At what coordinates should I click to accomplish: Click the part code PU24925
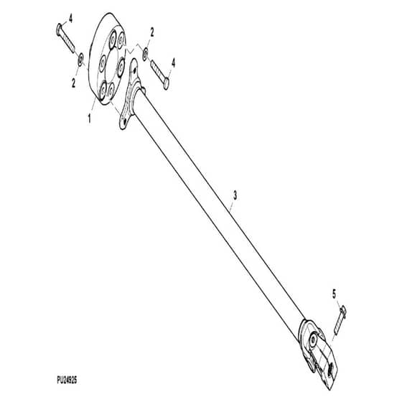point(67,380)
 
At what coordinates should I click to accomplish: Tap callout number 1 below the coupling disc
point(89,118)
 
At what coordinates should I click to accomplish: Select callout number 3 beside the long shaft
point(235,195)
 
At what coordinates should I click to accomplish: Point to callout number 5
point(334,294)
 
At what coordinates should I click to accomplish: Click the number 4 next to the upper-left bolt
point(70,19)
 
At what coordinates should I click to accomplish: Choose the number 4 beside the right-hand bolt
point(173,63)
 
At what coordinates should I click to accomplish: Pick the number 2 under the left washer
point(73,83)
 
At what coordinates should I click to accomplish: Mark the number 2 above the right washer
point(152,32)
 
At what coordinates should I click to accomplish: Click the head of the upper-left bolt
point(59,29)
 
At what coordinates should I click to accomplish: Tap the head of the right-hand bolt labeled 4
point(166,83)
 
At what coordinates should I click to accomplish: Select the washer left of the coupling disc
point(80,60)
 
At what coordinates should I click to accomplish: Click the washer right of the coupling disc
point(145,55)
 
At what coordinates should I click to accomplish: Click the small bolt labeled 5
point(340,321)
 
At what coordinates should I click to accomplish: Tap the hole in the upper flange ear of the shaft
point(135,69)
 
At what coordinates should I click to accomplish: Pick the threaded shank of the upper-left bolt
point(68,41)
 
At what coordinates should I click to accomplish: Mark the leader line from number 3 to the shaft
point(232,206)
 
